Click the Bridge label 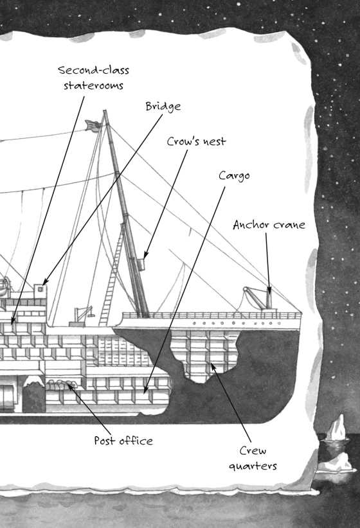click(x=163, y=107)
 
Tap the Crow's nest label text click(x=197, y=141)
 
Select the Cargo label click(x=234, y=176)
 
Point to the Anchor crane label click(x=269, y=225)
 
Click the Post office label click(x=123, y=441)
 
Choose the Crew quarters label click(x=253, y=458)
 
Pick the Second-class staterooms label click(x=93, y=78)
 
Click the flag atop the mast click(x=93, y=126)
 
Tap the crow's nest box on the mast click(x=141, y=264)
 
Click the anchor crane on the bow click(x=260, y=298)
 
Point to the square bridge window click(x=40, y=289)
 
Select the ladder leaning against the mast click(x=113, y=274)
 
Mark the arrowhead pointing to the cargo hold click(x=146, y=390)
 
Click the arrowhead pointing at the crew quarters click(x=213, y=367)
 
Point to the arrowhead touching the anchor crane click(x=269, y=290)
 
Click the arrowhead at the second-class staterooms click(x=12, y=321)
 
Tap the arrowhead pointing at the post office click(x=71, y=387)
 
